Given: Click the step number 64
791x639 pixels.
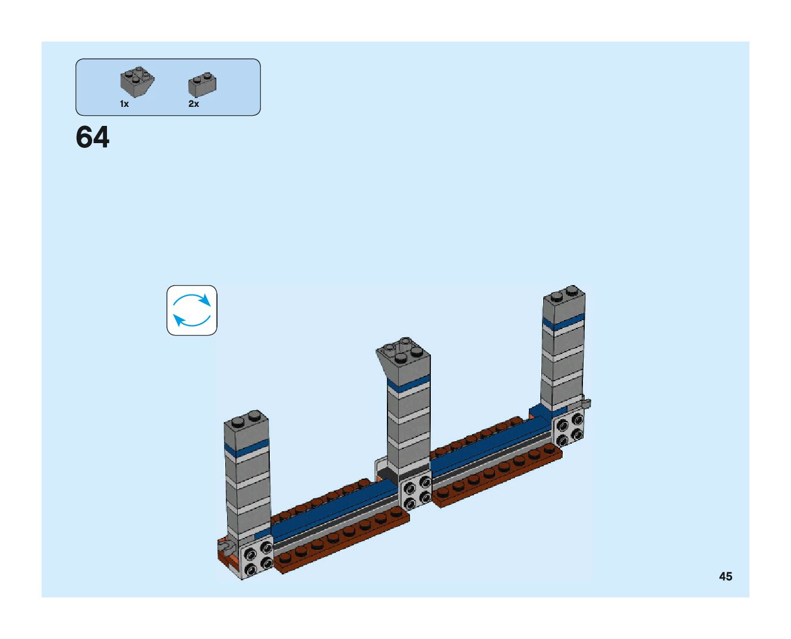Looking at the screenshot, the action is tap(93, 138).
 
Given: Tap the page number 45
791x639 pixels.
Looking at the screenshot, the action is tap(725, 576).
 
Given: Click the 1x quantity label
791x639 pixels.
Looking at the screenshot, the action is tap(124, 104).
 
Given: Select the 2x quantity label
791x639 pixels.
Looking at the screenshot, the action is tap(194, 104).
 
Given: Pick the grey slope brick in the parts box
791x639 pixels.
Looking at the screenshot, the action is tap(137, 81).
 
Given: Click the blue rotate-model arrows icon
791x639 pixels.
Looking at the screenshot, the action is tap(191, 310).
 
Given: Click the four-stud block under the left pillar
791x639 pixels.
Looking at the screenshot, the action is tap(256, 558).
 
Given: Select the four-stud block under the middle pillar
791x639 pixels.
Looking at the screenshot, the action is tap(416, 492).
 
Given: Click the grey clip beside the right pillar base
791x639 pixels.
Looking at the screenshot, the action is tap(586, 403).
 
